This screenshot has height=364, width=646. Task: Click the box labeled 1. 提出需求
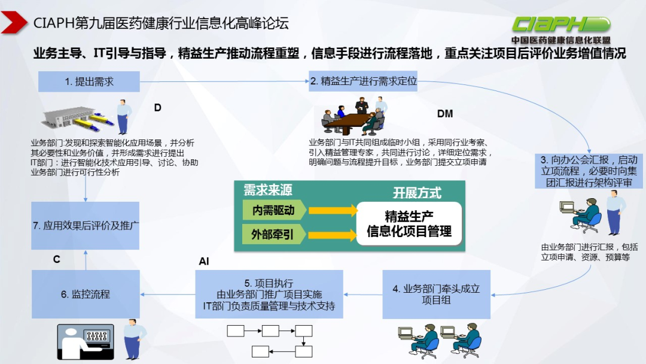(x=89, y=82)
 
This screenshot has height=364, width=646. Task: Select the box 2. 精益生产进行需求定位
(x=363, y=82)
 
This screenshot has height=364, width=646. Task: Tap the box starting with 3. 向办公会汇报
(x=589, y=171)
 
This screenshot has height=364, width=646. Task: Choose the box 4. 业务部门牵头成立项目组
(x=436, y=295)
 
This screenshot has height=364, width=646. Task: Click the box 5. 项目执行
(x=269, y=294)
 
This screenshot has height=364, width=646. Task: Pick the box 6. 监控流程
(x=86, y=294)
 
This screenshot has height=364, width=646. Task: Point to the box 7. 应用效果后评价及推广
(x=86, y=226)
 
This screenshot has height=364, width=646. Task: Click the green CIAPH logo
(x=560, y=24)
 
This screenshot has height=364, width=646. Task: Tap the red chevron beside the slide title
(x=14, y=23)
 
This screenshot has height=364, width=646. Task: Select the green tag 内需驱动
(x=273, y=210)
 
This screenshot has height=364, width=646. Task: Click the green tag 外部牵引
(x=273, y=233)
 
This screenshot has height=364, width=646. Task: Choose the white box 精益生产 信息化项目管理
(x=409, y=224)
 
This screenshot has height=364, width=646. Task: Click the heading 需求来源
(x=267, y=190)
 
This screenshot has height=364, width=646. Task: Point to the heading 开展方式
(x=417, y=193)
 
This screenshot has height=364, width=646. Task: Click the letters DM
(x=445, y=114)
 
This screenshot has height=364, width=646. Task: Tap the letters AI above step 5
(x=204, y=262)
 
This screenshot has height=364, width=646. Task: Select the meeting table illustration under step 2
(x=352, y=118)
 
